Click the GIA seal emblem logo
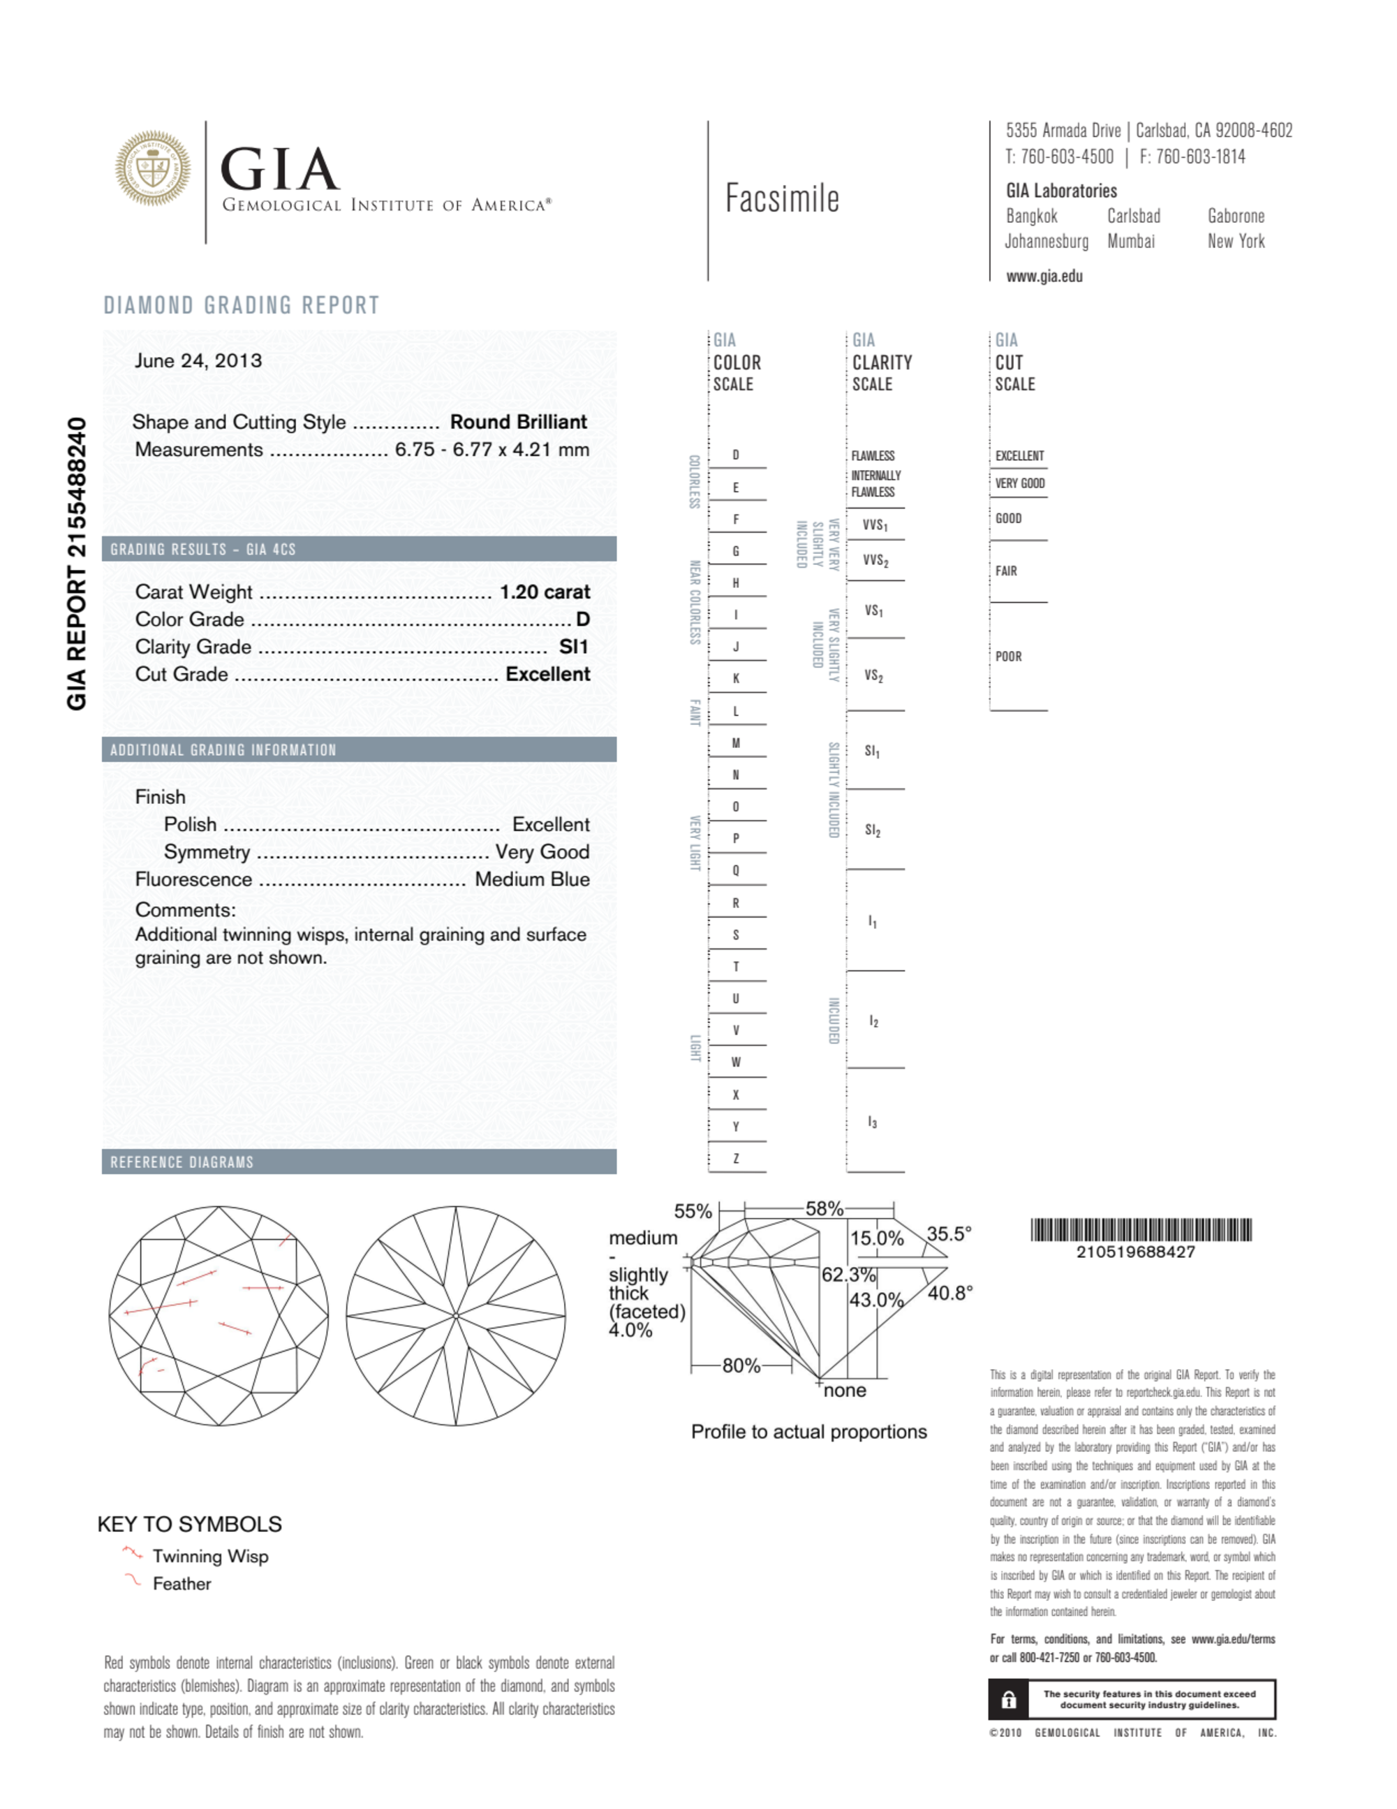[152, 168]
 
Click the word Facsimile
[782, 199]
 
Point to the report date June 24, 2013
[198, 360]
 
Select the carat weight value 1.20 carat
[544, 592]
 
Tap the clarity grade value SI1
[573, 647]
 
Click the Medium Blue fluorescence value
[531, 879]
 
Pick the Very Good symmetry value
[542, 851]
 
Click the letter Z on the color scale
[735, 1158]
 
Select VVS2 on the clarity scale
[875, 561]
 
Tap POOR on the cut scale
[1008, 656]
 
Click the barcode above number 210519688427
[1140, 1229]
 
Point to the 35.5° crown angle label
[948, 1233]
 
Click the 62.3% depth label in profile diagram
[848, 1274]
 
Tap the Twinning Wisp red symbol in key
[133, 1551]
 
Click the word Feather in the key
[182, 1583]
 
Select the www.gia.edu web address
[1044, 277]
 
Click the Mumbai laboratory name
[1130, 242]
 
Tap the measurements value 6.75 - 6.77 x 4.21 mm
[492, 450]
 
